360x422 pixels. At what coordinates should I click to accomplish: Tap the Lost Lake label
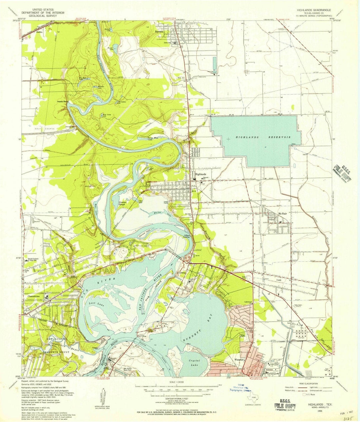click(x=96, y=303)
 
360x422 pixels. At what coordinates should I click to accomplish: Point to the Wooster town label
click(x=240, y=360)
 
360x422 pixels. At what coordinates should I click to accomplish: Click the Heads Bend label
click(x=62, y=101)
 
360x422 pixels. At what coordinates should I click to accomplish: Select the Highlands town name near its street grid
click(x=201, y=174)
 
